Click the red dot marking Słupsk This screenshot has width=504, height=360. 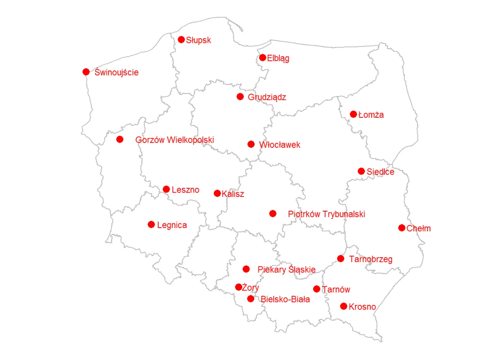pyautogui.click(x=181, y=39)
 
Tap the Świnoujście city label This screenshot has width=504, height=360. pyautogui.click(x=117, y=72)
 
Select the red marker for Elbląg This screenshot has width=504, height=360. pyautogui.click(x=263, y=58)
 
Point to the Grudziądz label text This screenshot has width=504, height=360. pyautogui.click(x=267, y=97)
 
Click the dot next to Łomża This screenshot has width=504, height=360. pyautogui.click(x=353, y=114)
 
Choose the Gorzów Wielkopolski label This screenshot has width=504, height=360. pyautogui.click(x=174, y=140)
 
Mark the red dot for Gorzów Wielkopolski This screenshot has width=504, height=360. pyautogui.click(x=120, y=139)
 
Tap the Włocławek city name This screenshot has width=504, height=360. pyautogui.click(x=280, y=145)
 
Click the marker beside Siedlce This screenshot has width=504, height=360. pyautogui.click(x=361, y=171)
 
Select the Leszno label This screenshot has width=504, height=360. pyautogui.click(x=185, y=190)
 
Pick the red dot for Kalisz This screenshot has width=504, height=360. pyautogui.click(x=217, y=193)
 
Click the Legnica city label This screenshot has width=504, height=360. pyautogui.click(x=172, y=225)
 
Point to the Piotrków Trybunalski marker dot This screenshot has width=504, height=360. pyautogui.click(x=272, y=213)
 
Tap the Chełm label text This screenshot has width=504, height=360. pyautogui.click(x=419, y=228)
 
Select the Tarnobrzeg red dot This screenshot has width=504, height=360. pyautogui.click(x=341, y=258)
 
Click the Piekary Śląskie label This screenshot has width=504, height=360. pyautogui.click(x=286, y=270)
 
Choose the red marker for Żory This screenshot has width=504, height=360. pyautogui.click(x=238, y=287)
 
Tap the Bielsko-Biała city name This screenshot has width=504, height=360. pyautogui.click(x=285, y=299)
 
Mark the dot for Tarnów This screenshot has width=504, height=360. pyautogui.click(x=317, y=289)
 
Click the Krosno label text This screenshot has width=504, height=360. pyautogui.click(x=362, y=307)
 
